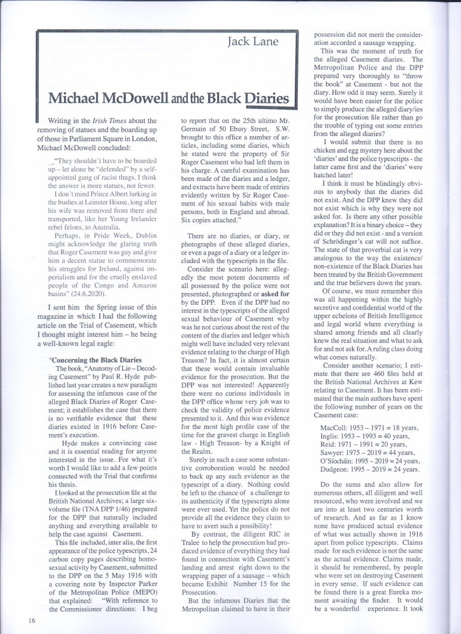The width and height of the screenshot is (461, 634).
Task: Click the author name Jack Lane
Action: point(253,42)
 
